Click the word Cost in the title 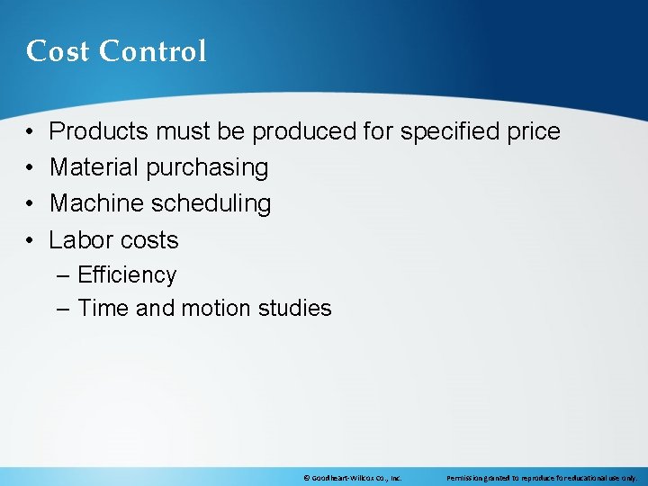pyautogui.click(x=58, y=51)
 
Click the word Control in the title pyautogui.click(x=153, y=51)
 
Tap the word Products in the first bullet pyautogui.click(x=99, y=131)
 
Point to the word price pyautogui.click(x=534, y=131)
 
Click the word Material pyautogui.click(x=93, y=167)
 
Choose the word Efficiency pyautogui.click(x=127, y=275)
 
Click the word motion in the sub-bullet pyautogui.click(x=215, y=309)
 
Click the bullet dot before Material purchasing pyautogui.click(x=31, y=168)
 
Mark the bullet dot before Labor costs pyautogui.click(x=31, y=240)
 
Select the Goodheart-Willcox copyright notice pyautogui.click(x=352, y=478)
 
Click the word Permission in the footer pyautogui.click(x=466, y=478)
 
